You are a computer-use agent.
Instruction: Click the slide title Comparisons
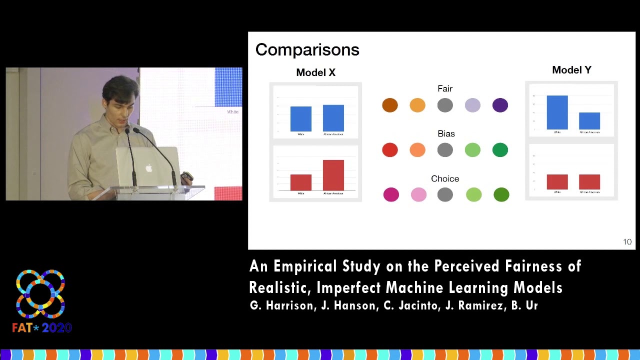pos(307,50)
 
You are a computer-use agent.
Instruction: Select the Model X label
pos(315,72)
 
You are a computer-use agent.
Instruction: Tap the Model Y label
pos(571,70)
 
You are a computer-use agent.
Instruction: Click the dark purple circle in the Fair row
pos(500,105)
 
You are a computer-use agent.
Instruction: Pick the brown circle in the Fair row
pos(390,105)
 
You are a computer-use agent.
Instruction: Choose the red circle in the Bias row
pos(390,150)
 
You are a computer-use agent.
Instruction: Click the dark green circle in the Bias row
pos(500,150)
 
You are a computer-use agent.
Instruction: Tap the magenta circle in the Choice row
pos(391,194)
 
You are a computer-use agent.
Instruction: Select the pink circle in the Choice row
pos(418,194)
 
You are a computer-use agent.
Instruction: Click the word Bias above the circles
pos(445,133)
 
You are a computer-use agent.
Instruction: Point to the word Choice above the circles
pos(445,178)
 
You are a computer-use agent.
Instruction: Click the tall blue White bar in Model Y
pos(557,112)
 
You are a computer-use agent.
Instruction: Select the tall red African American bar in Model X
pos(333,175)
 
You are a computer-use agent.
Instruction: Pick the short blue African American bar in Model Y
pos(589,121)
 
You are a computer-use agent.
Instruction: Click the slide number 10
pos(627,242)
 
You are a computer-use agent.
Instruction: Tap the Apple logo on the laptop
pos(148,168)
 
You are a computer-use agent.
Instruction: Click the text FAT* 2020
pos(42,328)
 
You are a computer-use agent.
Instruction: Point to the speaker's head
pos(120,95)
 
